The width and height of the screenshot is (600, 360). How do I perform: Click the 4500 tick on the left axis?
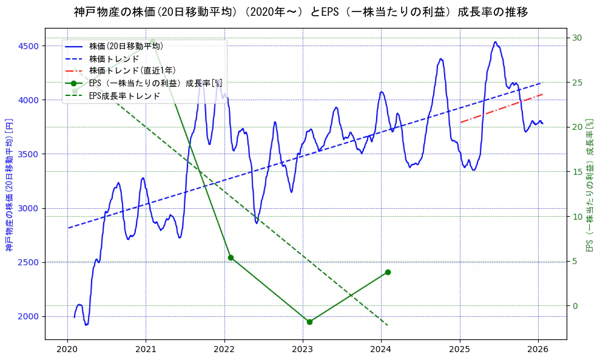[x=29, y=46]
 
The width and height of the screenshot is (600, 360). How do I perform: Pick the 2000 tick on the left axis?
[x=29, y=316]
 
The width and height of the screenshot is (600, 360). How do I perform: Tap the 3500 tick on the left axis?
[x=29, y=154]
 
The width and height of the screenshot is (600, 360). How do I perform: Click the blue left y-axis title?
[x=9, y=185]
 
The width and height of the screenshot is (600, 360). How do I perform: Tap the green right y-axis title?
[x=589, y=185]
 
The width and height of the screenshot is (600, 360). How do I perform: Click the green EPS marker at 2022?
[x=231, y=257]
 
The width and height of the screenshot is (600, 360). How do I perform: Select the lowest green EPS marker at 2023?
[x=309, y=322]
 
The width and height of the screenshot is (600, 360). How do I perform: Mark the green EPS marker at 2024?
[x=388, y=272]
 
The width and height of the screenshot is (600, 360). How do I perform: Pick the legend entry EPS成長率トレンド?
[x=124, y=95]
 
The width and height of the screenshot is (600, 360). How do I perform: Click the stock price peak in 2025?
[x=496, y=42]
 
